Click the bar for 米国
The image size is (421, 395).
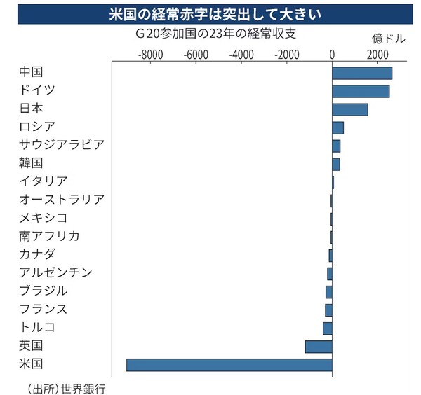pos(229,365)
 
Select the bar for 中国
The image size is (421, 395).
pos(362,73)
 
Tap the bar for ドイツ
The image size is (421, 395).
pos(361,91)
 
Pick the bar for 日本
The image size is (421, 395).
pos(349,109)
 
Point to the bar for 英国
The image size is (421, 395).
pos(319,346)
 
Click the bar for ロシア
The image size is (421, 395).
pos(338,127)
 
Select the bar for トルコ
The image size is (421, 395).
pos(328,328)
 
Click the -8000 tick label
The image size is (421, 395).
pos(149,55)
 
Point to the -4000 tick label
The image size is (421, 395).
pos(241,55)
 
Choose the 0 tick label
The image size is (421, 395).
pos(332,55)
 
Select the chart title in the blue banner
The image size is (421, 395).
pos(210,13)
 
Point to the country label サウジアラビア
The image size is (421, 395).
pos(62,145)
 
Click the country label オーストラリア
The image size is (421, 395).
pos(62,200)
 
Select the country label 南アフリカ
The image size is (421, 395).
pos(50,235)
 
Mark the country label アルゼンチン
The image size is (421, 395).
pos(56,272)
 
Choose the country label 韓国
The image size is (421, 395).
pos(32,163)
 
